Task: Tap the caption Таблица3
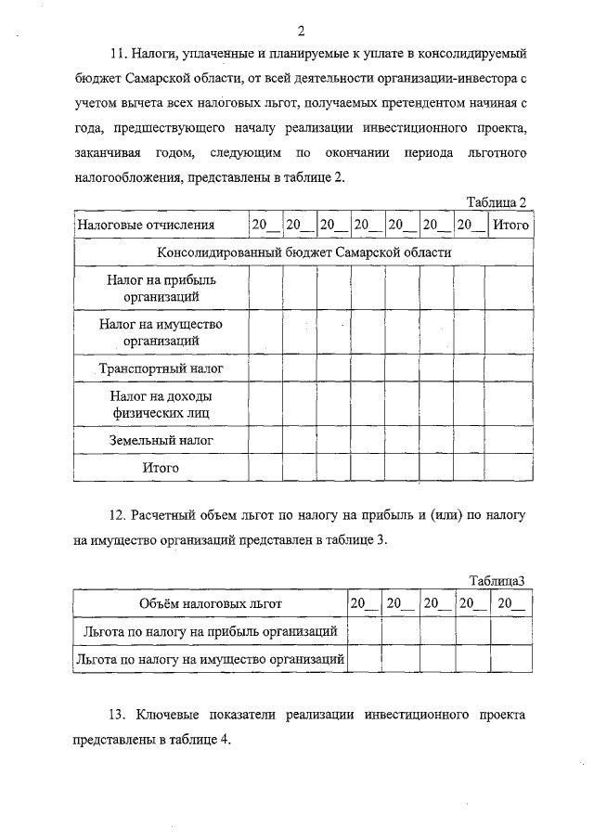click(497, 581)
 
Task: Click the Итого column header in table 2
click(510, 225)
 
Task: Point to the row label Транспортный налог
click(161, 368)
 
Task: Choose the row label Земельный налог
click(161, 436)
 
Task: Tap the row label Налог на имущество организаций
click(161, 333)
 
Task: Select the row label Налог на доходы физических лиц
click(161, 403)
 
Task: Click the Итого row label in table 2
click(161, 468)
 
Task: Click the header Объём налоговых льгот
click(210, 603)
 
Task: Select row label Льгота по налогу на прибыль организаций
click(210, 631)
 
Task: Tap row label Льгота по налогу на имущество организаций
click(210, 660)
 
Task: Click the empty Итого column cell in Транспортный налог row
click(510, 368)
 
